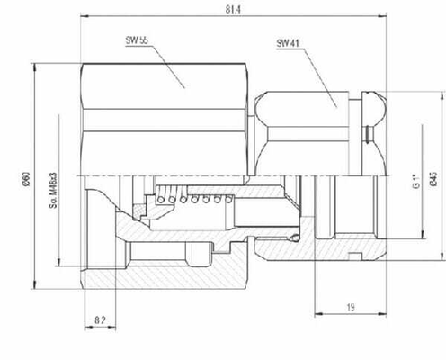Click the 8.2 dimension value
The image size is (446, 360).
pyautogui.click(x=100, y=319)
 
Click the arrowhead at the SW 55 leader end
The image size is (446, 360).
pyautogui.click(x=184, y=86)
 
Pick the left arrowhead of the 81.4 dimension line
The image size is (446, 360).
pyautogui.click(x=84, y=16)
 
